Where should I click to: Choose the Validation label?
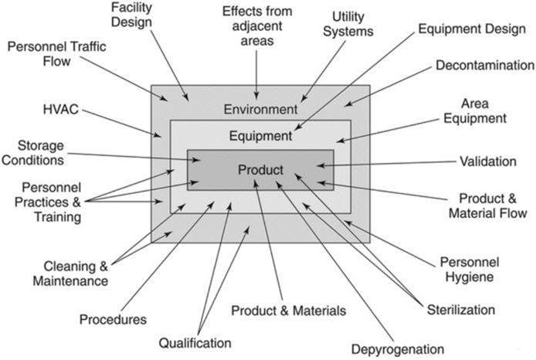[x=487, y=161]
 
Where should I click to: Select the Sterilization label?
[x=461, y=310]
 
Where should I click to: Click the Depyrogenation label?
[x=398, y=348]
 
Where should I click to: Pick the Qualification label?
[x=195, y=342]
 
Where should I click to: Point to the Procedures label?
[x=113, y=318]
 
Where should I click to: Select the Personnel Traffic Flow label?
[x=57, y=54]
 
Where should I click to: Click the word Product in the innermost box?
[x=260, y=169]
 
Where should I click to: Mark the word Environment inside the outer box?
[x=260, y=109]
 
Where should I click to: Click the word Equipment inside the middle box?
[x=260, y=137]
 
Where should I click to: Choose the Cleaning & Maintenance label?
[x=70, y=273]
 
